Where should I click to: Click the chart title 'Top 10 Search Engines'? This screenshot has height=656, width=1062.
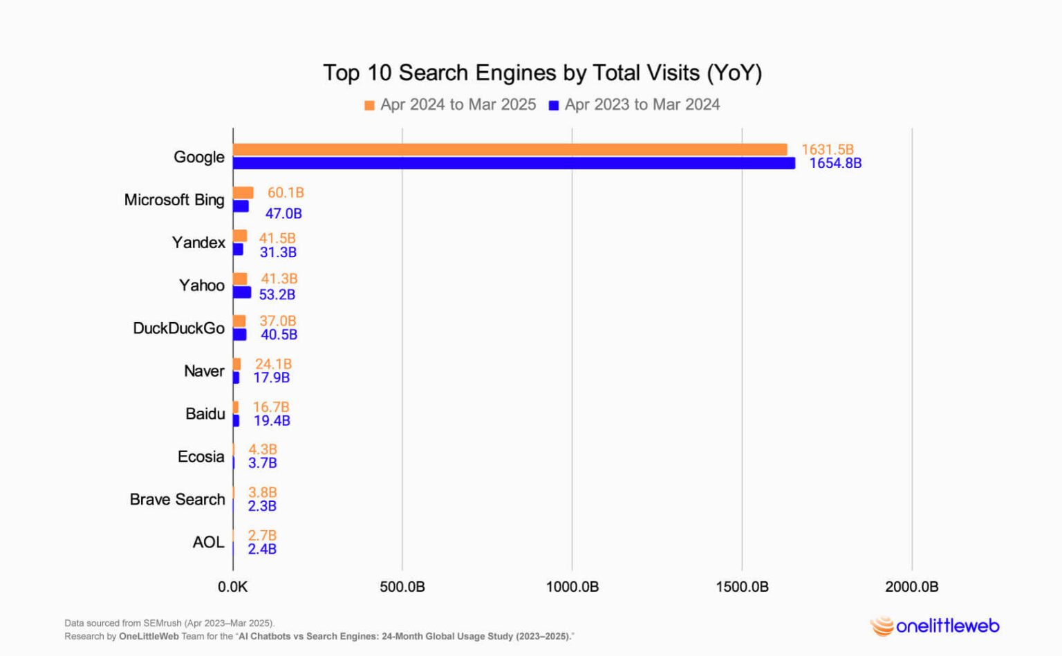click(542, 73)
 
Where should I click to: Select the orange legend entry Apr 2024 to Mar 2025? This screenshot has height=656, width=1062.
click(450, 104)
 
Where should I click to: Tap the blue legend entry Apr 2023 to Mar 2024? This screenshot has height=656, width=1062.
click(634, 104)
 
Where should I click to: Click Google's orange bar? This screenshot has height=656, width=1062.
click(510, 149)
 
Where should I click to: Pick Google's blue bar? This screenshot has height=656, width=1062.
click(514, 163)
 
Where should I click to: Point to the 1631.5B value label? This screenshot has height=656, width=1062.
click(827, 149)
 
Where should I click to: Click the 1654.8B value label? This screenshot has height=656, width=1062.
click(835, 164)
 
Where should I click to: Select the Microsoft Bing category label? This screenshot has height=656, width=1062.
click(174, 200)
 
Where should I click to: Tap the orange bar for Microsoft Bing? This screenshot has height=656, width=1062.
click(243, 193)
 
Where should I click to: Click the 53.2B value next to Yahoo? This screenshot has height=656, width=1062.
click(277, 294)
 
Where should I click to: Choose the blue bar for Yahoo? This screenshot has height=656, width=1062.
click(241, 292)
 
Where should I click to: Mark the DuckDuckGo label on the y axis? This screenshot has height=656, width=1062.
click(178, 328)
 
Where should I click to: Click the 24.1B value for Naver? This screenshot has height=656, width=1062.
click(273, 364)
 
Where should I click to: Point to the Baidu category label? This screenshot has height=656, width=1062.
click(205, 414)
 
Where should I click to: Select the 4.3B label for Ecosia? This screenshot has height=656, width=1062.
click(262, 449)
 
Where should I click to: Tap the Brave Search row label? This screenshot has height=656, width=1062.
click(177, 500)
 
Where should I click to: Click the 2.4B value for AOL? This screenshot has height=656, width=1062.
click(262, 549)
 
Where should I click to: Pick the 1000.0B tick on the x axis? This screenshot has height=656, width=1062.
click(572, 587)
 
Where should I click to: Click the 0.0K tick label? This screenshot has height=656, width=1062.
click(232, 587)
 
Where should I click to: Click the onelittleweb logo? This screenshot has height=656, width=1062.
click(935, 626)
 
